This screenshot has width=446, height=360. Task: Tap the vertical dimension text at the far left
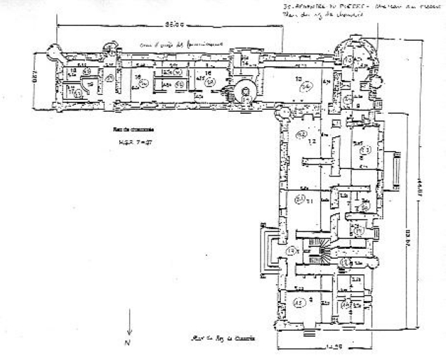[32, 75]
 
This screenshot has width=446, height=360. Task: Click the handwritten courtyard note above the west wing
[165, 44]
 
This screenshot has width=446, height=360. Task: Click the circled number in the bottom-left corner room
[299, 303]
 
